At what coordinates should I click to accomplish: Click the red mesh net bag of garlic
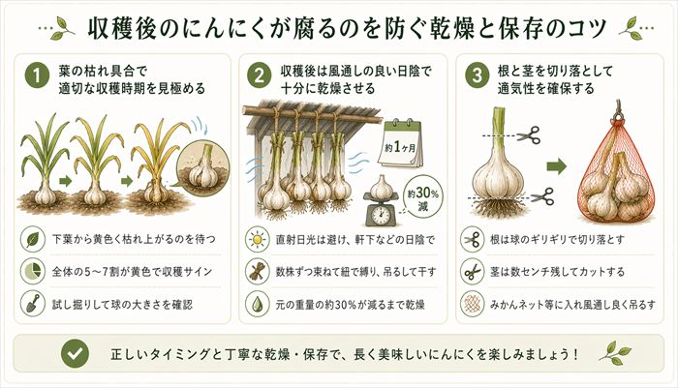[x=611, y=174]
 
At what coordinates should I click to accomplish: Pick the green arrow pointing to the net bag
[x=555, y=167]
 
